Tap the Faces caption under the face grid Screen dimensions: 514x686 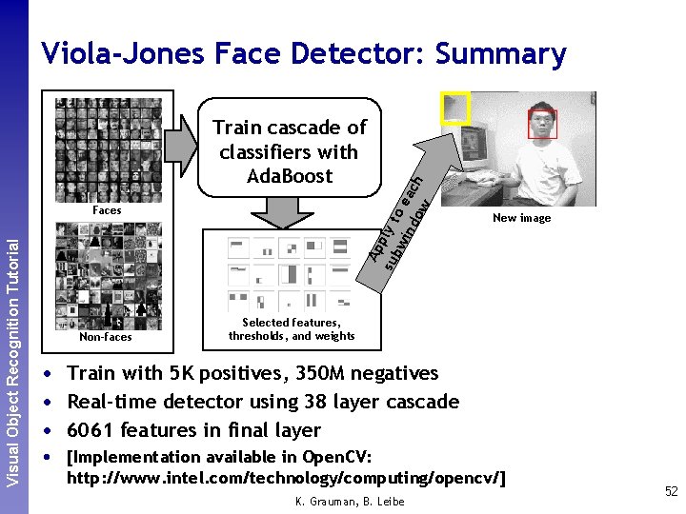point(107,209)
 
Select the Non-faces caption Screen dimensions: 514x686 point(106,337)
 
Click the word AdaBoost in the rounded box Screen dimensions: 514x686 point(289,176)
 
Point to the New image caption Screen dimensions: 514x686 point(521,218)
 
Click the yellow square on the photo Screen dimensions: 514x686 point(455,108)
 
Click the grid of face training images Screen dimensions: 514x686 point(108,149)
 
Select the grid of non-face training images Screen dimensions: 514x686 point(108,275)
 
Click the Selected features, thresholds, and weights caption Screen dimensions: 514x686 point(292,329)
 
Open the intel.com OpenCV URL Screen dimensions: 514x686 point(286,477)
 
